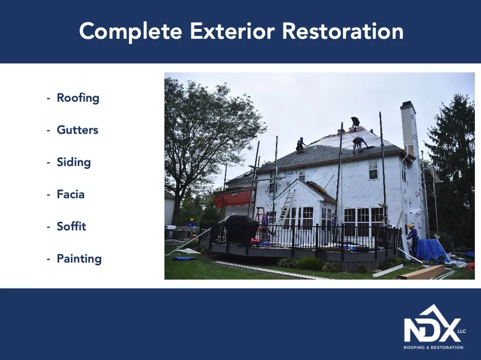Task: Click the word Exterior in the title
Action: click(x=232, y=31)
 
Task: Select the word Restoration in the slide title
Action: click(x=342, y=31)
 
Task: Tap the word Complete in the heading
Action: click(x=131, y=32)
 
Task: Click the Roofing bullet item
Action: click(x=77, y=98)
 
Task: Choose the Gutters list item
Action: click(x=77, y=130)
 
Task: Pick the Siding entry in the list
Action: click(x=73, y=162)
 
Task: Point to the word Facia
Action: click(x=70, y=194)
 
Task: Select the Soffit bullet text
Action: click(x=71, y=227)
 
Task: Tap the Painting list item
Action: click(x=79, y=259)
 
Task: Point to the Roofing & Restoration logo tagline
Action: click(x=433, y=347)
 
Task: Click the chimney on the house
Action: click(x=409, y=128)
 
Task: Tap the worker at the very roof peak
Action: click(x=355, y=123)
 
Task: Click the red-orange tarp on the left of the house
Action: click(x=233, y=198)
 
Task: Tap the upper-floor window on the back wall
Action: click(x=373, y=169)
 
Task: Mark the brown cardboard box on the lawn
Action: click(x=421, y=272)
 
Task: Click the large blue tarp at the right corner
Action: click(x=431, y=250)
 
